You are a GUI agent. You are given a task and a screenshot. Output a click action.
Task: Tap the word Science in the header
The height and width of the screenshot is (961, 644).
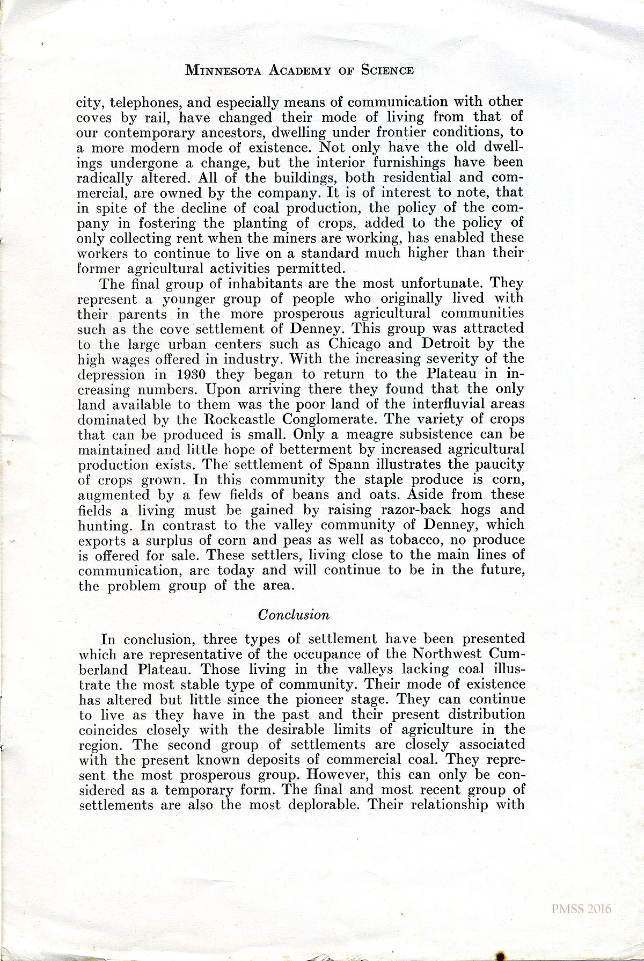(387, 70)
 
